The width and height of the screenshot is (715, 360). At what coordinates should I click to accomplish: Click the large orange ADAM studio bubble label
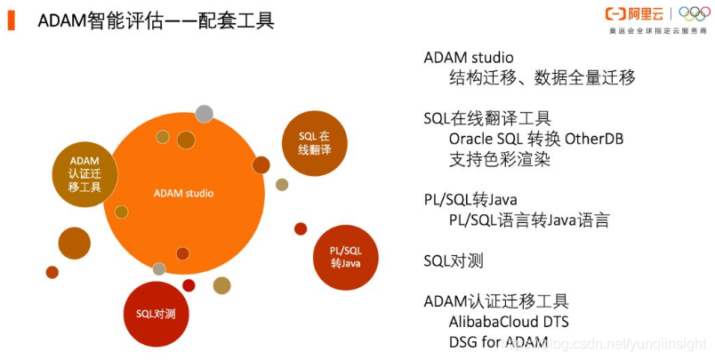click(x=183, y=193)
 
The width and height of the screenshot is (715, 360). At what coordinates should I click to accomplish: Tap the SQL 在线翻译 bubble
click(x=314, y=143)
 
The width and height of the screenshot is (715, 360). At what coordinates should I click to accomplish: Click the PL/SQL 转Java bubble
click(x=346, y=257)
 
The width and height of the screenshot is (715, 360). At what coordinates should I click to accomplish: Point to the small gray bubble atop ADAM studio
click(x=204, y=113)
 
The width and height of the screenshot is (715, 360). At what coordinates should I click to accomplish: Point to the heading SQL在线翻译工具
click(x=487, y=118)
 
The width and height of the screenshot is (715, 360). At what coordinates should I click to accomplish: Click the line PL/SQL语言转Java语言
click(x=528, y=220)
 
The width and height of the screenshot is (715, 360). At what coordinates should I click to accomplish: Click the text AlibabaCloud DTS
click(x=509, y=321)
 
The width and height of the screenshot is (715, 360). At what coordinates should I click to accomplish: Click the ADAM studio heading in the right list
click(x=469, y=57)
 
